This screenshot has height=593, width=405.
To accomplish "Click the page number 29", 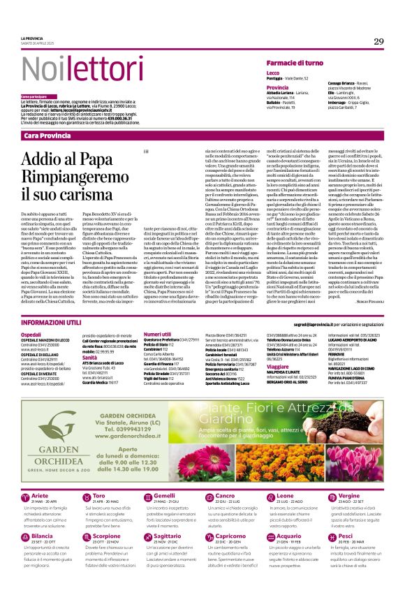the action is click(379, 42).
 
